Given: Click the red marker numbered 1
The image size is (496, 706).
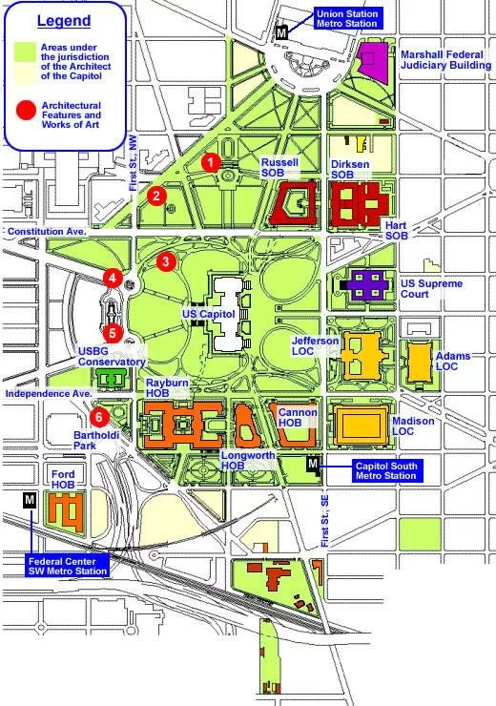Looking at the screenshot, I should [x=210, y=163].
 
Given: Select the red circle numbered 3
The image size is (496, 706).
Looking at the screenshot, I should [x=166, y=260].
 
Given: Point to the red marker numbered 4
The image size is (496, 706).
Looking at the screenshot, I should [x=114, y=279].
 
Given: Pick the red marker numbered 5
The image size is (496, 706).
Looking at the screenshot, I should [x=114, y=333].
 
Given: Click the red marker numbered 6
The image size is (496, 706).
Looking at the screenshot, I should [x=97, y=416].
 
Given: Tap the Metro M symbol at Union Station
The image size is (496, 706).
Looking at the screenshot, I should [x=280, y=31].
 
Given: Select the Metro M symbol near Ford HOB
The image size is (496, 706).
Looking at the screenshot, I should [x=29, y=501].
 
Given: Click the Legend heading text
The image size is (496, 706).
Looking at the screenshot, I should [x=64, y=21].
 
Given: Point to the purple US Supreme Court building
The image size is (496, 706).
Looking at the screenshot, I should [x=365, y=285].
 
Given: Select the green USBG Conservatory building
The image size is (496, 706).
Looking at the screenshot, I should [x=114, y=380].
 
